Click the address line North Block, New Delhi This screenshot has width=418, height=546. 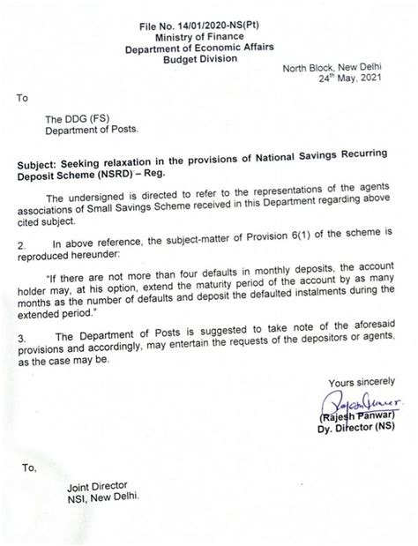coord(339,65)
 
